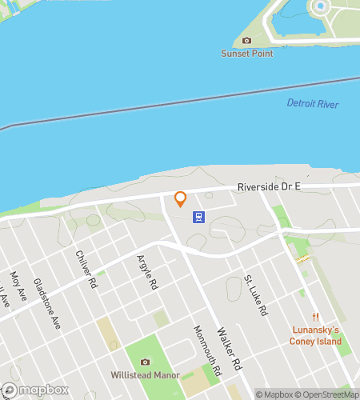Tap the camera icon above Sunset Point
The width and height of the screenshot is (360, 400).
246,41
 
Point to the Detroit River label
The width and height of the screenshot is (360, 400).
313,104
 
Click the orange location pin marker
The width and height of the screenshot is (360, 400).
181,198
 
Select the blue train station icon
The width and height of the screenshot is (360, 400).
198,216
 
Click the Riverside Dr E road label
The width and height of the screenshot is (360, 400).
269,186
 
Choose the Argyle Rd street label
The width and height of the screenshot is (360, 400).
146,272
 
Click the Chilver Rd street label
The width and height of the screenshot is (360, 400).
86,269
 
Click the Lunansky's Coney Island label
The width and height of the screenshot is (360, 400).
315,336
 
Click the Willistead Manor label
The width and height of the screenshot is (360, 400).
145,374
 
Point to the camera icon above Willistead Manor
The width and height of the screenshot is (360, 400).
145,362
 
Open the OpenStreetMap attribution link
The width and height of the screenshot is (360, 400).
328,394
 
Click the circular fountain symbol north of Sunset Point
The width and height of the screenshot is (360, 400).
321,6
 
